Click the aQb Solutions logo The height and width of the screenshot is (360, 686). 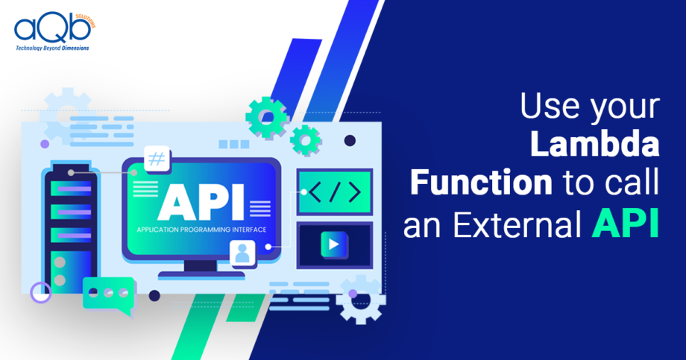[54, 31]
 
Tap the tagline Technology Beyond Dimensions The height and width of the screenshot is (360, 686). [52, 48]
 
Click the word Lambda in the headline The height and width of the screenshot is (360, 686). [594, 145]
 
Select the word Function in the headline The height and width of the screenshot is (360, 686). [481, 182]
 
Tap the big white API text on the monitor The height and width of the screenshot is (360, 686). [201, 202]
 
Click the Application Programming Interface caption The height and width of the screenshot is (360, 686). [201, 230]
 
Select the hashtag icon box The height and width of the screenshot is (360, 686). [157, 158]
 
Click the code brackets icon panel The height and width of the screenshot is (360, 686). [335, 192]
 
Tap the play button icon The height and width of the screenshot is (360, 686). [334, 244]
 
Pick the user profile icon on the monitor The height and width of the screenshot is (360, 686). [242, 253]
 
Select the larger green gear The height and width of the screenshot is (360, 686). [267, 117]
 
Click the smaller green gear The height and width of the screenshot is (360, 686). [306, 140]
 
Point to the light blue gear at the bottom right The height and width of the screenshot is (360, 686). [361, 300]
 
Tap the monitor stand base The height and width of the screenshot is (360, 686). [201, 275]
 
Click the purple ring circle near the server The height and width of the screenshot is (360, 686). [41, 293]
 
